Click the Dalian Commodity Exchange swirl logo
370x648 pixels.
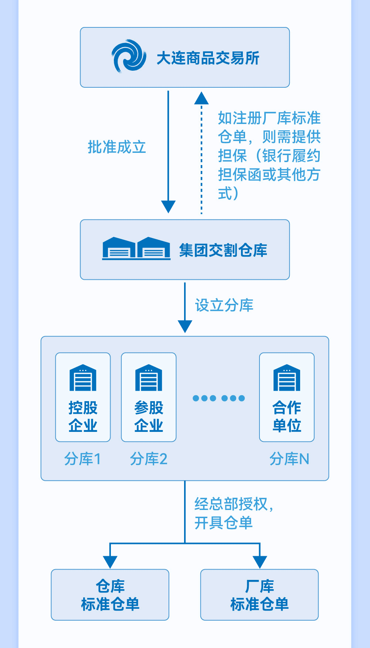click(129, 56)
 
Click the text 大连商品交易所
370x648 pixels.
click(208, 58)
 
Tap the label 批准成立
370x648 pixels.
click(117, 147)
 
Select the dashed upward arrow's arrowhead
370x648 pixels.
click(201, 98)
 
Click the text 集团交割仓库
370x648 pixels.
click(223, 250)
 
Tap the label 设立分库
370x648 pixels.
click(224, 305)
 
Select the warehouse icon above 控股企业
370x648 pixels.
click(83, 378)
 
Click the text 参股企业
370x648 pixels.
click(149, 416)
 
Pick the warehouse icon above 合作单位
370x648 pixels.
click(287, 378)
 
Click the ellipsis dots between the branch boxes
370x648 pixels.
click(219, 398)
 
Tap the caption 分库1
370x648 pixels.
click(82, 459)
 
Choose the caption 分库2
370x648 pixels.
click(149, 459)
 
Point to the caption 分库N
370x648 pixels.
click(289, 459)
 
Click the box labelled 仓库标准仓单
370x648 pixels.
click(110, 595)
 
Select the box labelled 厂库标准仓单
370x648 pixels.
click(259, 595)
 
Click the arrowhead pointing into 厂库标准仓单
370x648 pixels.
click(260, 562)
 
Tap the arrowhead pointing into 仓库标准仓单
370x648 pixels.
click(110, 562)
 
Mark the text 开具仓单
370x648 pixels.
click(223, 523)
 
